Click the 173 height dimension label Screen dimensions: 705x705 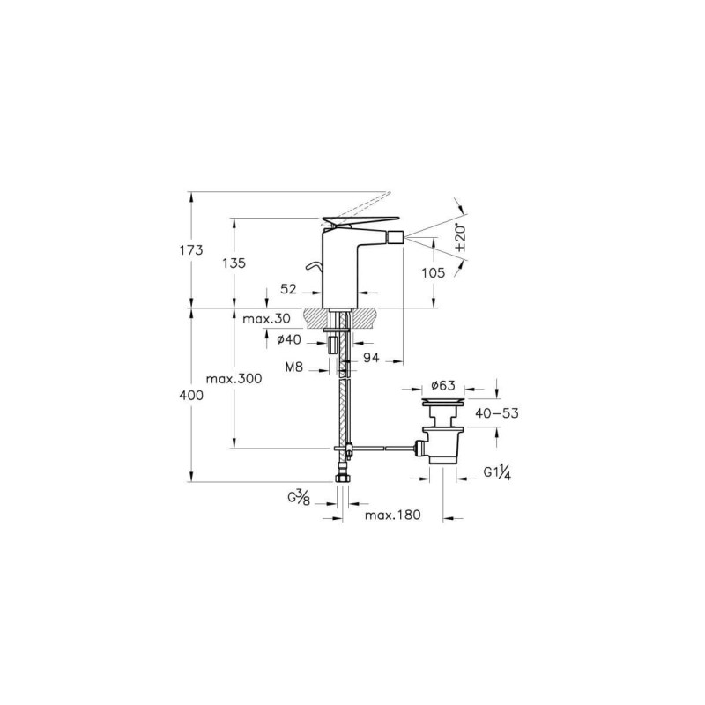191,250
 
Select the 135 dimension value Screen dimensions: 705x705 234,263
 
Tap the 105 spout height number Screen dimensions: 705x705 434,272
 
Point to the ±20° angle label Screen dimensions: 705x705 461,237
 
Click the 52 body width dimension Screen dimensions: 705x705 288,289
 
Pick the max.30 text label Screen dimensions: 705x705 267,319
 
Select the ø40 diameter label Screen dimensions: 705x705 289,340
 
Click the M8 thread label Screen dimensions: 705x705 294,367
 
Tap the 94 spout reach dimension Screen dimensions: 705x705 371,358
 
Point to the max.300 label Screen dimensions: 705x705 234,379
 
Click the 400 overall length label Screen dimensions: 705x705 191,396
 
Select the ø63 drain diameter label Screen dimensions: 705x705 443,385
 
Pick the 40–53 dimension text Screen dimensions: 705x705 497,413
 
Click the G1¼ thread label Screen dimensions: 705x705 497,472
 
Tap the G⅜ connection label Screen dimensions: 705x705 299,498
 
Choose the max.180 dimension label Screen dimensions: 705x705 392,515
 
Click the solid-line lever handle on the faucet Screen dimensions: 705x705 360,221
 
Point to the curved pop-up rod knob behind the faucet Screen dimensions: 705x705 315,267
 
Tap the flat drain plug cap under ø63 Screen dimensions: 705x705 443,400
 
